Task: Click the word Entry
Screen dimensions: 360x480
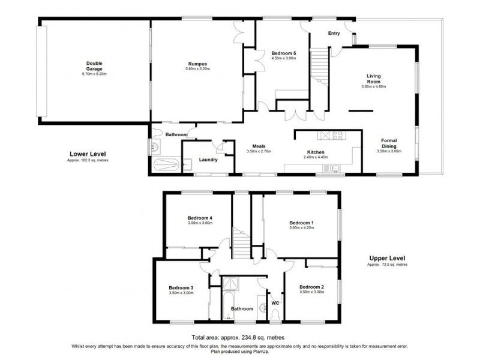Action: click(x=334, y=34)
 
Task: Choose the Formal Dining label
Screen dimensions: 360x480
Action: click(x=389, y=143)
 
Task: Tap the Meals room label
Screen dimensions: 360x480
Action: click(x=259, y=146)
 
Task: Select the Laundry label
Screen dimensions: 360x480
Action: click(x=208, y=160)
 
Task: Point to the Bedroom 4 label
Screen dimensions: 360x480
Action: click(x=200, y=218)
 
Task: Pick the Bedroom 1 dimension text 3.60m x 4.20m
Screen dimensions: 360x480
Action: click(x=301, y=227)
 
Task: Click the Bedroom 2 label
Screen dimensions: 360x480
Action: click(x=311, y=287)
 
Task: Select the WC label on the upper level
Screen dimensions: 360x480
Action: click(x=276, y=302)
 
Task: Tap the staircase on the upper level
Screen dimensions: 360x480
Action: click(x=241, y=245)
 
